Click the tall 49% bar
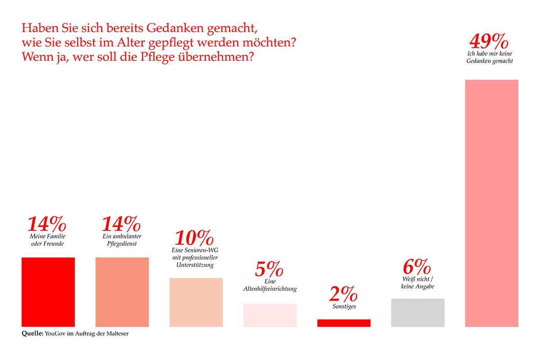pyautogui.click(x=491, y=202)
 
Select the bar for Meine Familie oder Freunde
pyautogui.click(x=48, y=292)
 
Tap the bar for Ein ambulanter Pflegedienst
pyautogui.click(x=122, y=292)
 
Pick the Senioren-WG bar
pyautogui.click(x=196, y=302)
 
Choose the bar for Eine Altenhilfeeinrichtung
pyautogui.click(x=270, y=315)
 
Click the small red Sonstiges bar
pyautogui.click(x=344, y=323)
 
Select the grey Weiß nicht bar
pyautogui.click(x=418, y=312)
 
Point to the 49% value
pyautogui.click(x=489, y=42)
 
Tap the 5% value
pyautogui.click(x=269, y=269)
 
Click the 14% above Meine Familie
pyautogui.click(x=47, y=224)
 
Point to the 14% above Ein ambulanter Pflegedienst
pyautogui.click(x=121, y=224)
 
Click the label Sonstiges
pyautogui.click(x=343, y=307)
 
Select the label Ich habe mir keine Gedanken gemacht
pyautogui.click(x=490, y=58)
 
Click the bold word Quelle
pyautogui.click(x=32, y=333)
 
